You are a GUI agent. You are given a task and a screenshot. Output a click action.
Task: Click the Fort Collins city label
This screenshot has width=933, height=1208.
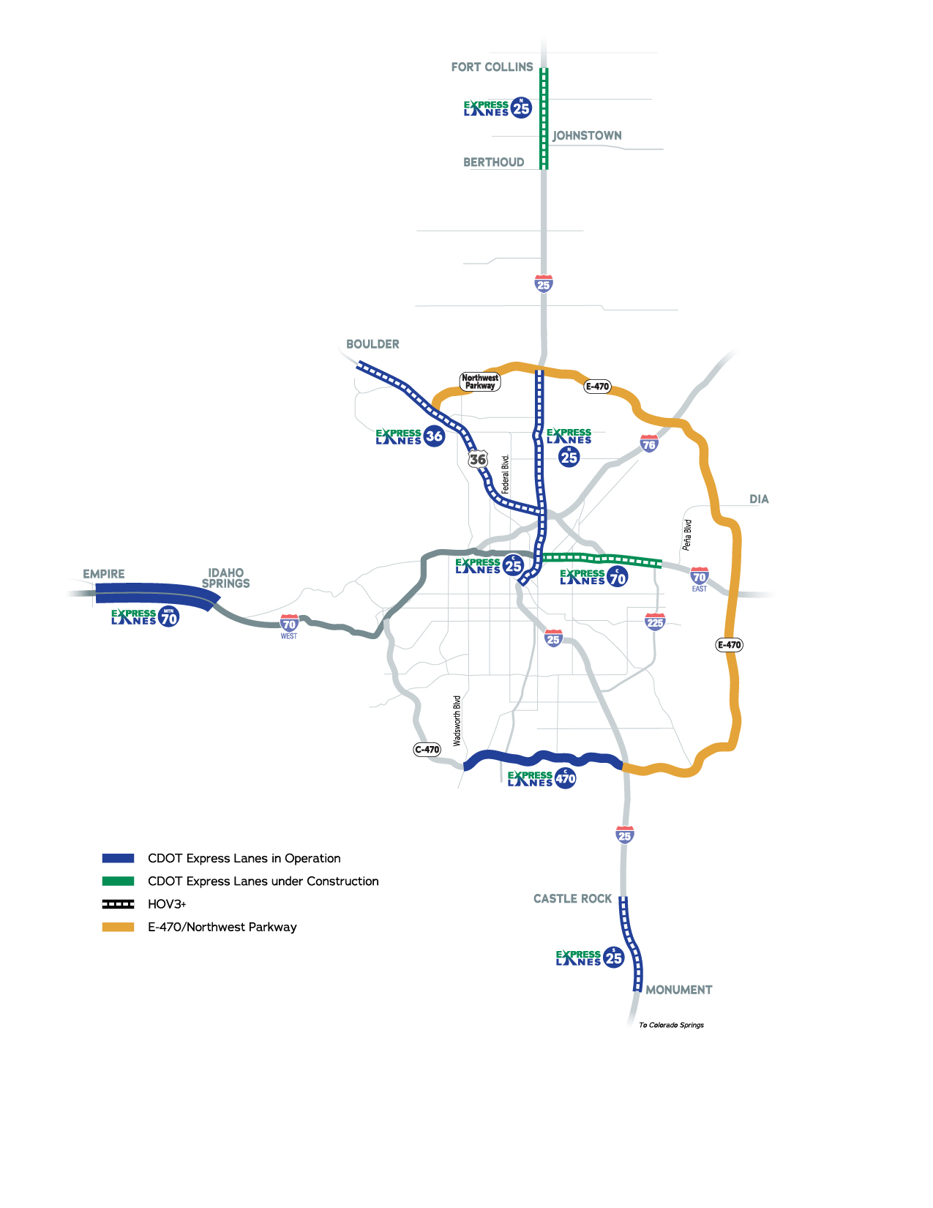[x=492, y=67]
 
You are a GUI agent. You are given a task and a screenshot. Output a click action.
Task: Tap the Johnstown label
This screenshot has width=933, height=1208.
[x=587, y=135]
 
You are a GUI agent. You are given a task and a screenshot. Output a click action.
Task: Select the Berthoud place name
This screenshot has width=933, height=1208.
[x=493, y=163]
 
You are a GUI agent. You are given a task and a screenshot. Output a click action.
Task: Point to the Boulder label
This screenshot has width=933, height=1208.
[x=372, y=344]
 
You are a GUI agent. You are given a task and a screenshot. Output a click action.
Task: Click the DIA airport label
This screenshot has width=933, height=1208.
[x=759, y=499]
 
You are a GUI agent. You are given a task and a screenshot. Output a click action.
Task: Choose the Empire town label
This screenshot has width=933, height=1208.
[x=104, y=574]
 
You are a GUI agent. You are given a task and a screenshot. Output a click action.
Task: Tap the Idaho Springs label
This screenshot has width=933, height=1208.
[x=225, y=578]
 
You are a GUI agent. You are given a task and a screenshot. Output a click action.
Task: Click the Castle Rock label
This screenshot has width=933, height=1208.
[x=572, y=898]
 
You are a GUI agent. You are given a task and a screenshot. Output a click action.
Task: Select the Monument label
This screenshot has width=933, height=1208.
[x=678, y=990]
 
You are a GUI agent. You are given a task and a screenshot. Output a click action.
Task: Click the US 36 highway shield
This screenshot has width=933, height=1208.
[x=478, y=459]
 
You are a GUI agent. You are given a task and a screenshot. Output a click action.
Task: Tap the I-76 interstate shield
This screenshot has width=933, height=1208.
[x=649, y=443]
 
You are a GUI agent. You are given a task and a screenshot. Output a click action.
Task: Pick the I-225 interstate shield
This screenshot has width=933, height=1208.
[x=655, y=622]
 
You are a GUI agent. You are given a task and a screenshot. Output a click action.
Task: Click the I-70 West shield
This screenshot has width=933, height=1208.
[x=289, y=624]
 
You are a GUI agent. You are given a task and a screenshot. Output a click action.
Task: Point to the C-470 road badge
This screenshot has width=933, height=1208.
[x=427, y=749]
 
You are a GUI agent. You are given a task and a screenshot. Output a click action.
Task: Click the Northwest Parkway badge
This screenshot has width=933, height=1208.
[x=480, y=381]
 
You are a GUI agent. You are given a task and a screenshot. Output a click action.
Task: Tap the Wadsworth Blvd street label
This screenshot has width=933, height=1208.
[x=457, y=720]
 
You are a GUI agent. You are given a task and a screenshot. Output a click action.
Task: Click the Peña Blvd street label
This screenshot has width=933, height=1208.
[x=687, y=535]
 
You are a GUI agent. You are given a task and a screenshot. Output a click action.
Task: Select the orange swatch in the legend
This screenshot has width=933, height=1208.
[x=118, y=927]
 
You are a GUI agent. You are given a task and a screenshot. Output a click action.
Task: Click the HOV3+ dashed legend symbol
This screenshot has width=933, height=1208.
[x=118, y=904]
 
